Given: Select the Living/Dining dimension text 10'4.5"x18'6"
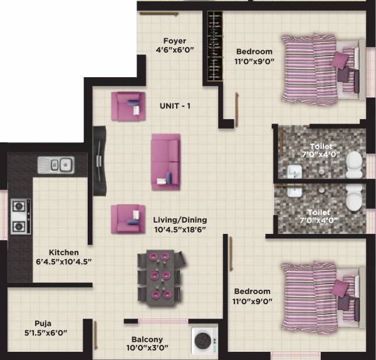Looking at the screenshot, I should coord(180,230).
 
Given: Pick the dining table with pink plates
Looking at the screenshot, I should coord(161,277).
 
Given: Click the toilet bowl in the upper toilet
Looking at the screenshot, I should coord(354,162).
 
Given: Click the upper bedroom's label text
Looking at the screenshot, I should coord(254,51).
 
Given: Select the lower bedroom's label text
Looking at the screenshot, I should coord(253,291).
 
